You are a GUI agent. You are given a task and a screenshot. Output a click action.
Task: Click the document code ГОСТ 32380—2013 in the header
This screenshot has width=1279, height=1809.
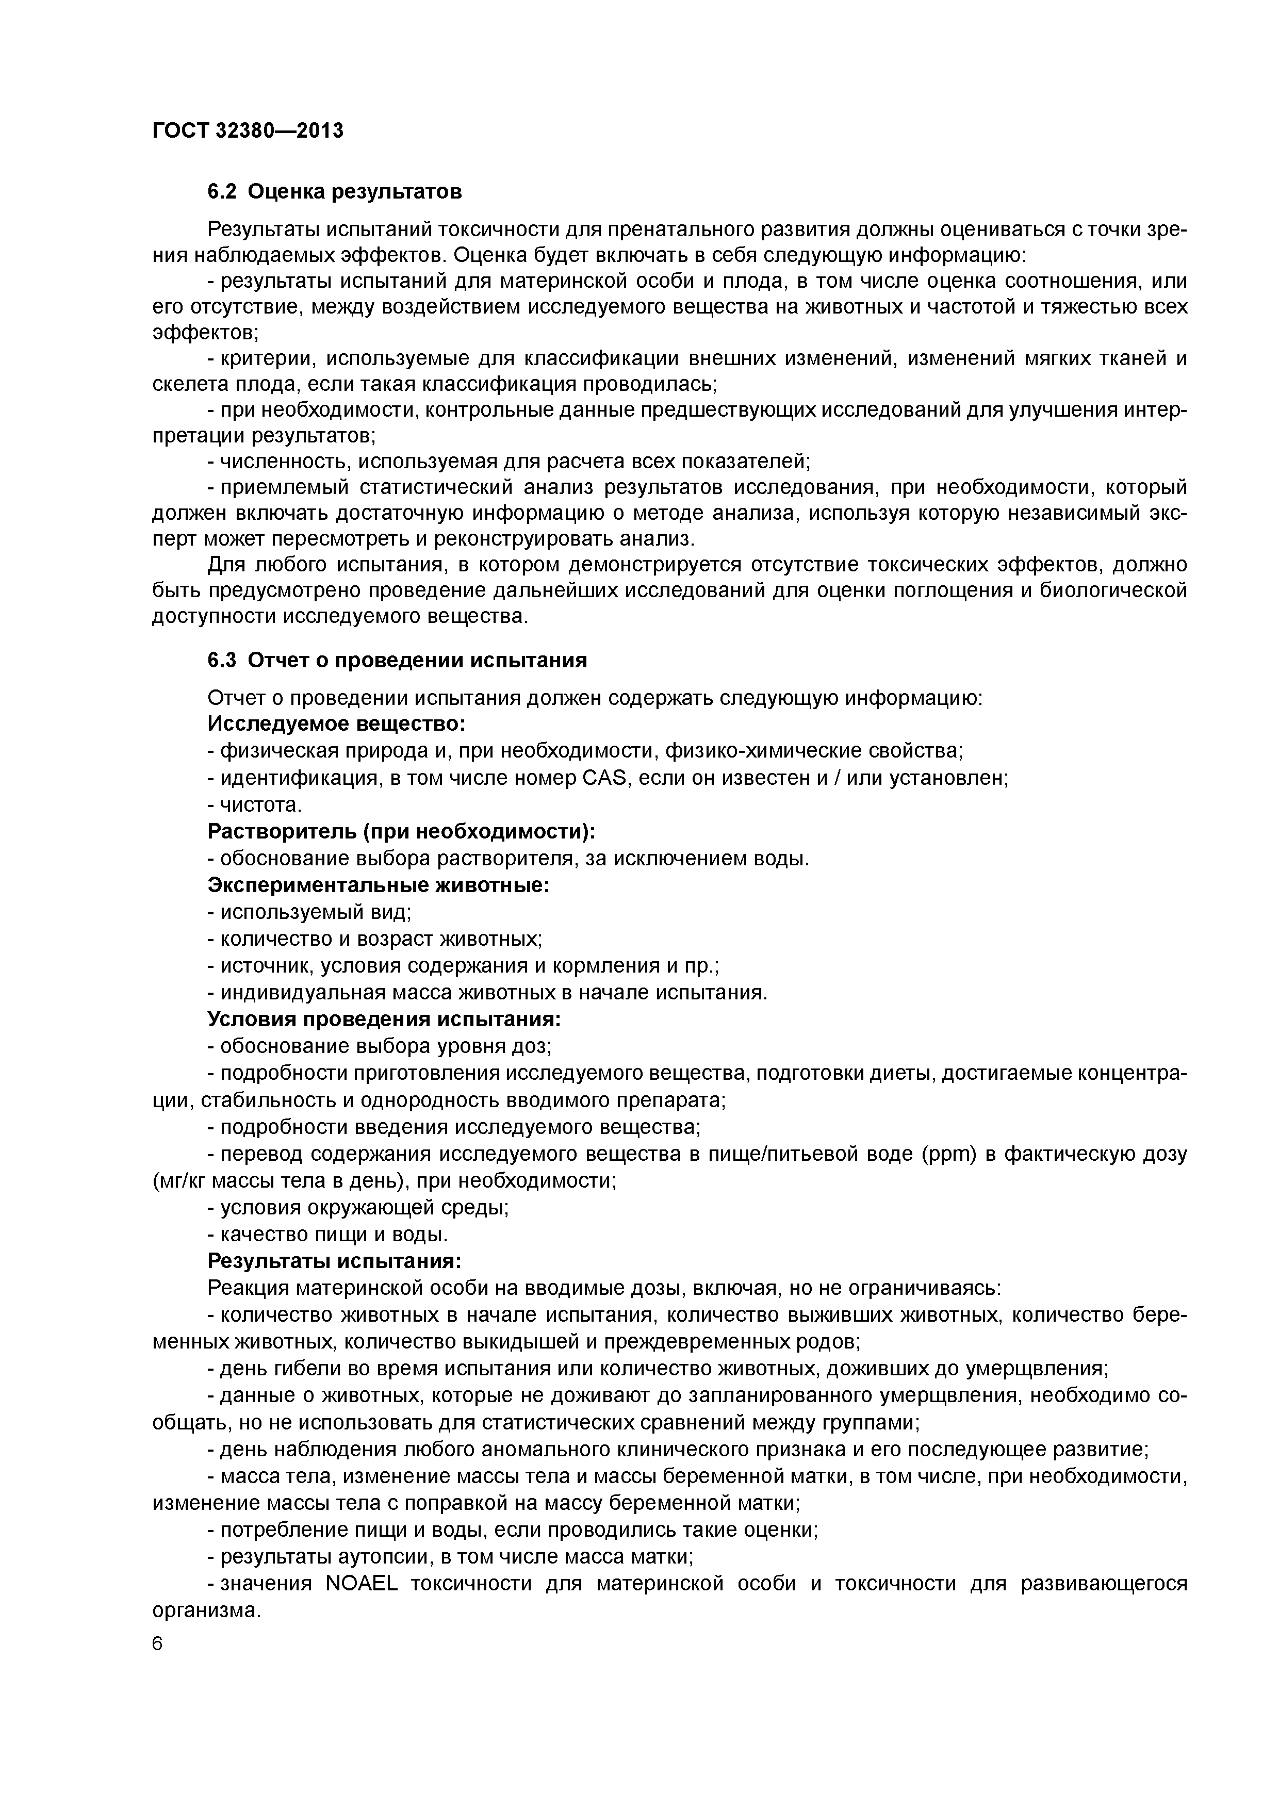coord(248,130)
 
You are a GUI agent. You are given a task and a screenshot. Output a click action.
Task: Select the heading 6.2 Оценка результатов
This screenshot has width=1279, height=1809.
coord(334,191)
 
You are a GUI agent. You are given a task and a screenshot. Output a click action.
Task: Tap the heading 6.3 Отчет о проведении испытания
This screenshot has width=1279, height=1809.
coord(397,660)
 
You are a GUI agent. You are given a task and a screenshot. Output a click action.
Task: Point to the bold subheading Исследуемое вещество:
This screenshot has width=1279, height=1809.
coord(336,723)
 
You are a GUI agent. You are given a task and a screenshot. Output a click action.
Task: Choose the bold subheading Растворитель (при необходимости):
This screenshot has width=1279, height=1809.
coord(401,831)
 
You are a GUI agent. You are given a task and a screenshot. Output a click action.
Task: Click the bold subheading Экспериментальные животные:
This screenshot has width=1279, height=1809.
coord(378,885)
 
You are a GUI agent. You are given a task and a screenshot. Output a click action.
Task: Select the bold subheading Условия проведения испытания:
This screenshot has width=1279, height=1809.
coord(384,1019)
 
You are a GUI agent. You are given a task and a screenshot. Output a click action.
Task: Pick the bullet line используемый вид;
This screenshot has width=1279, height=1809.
coord(310,912)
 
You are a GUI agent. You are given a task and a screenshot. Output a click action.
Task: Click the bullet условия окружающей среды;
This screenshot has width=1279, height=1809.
coord(358,1207)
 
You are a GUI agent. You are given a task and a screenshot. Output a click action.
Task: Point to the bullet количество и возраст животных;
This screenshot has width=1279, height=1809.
coord(375,939)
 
